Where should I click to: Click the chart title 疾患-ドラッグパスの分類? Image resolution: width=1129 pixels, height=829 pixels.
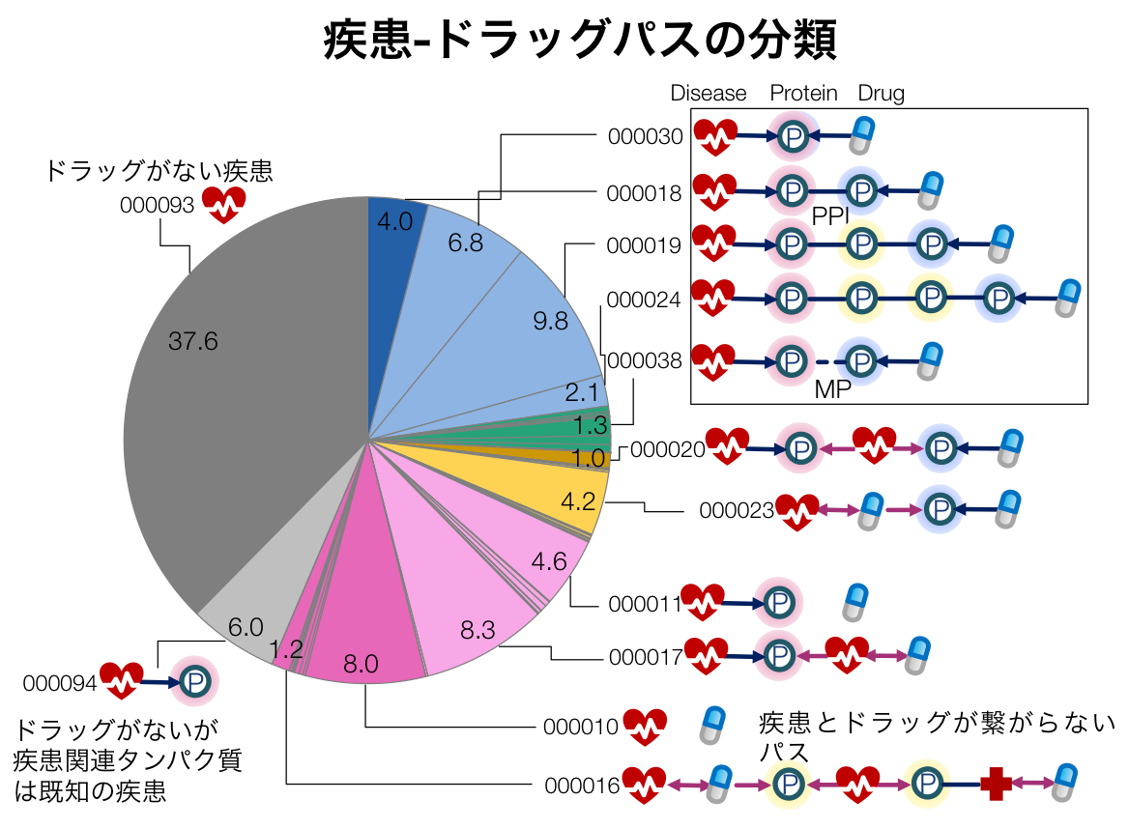point(579,42)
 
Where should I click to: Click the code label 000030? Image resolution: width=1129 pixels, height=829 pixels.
point(646,136)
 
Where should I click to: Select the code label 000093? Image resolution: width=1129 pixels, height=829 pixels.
point(158,205)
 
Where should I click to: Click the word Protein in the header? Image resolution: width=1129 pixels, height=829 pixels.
point(803,93)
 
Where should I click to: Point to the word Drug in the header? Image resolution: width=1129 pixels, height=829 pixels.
point(881,93)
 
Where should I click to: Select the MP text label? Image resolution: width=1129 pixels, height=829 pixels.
point(832,390)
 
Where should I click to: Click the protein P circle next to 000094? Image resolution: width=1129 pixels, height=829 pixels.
point(194,682)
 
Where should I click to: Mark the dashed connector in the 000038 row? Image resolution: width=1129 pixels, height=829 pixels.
point(825,362)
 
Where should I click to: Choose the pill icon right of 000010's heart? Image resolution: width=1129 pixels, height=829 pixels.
point(713,725)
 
